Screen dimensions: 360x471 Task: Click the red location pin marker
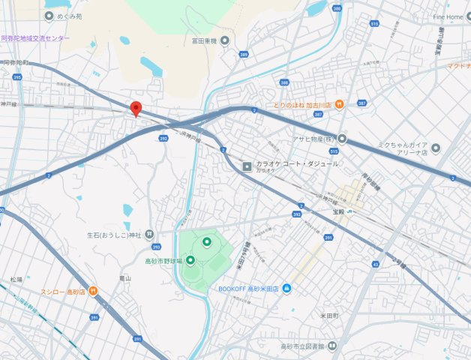pyautogui.click(x=136, y=109)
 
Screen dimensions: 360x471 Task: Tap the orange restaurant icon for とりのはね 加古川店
pyautogui.click(x=339, y=103)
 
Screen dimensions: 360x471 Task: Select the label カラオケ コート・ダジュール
pyautogui.click(x=298, y=163)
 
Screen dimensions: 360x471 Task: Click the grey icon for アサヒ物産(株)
pyautogui.click(x=343, y=138)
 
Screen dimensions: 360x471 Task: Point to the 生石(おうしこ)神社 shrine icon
pyautogui.click(x=148, y=235)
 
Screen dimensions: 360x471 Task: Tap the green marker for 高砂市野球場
pyautogui.click(x=190, y=260)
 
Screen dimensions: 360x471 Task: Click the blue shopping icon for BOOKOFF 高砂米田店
pyautogui.click(x=286, y=288)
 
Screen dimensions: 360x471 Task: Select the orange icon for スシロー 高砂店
pyautogui.click(x=92, y=291)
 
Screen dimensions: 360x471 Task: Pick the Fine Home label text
pyautogui.click(x=448, y=16)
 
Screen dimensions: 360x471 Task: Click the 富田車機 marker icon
pyautogui.click(x=224, y=40)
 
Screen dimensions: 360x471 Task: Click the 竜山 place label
pyautogui.click(x=126, y=277)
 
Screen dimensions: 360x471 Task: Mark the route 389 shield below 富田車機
pyautogui.click(x=244, y=56)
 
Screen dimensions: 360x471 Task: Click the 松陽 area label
pyautogui.click(x=16, y=279)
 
